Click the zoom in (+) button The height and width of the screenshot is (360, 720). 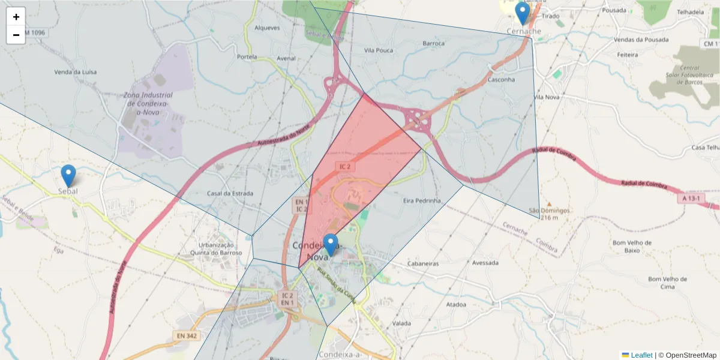[x=16, y=17]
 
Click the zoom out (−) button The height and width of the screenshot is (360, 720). [x=16, y=35]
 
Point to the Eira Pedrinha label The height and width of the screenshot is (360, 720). [x=422, y=200]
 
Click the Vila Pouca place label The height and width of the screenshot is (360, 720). [x=379, y=50]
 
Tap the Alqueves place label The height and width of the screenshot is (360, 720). [x=267, y=28]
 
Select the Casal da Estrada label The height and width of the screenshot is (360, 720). [x=230, y=193]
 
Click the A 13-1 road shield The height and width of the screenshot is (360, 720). [x=692, y=198]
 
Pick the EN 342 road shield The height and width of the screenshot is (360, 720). [x=187, y=336]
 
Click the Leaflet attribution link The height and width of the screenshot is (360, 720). [x=641, y=355]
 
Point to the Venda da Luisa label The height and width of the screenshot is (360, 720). [x=75, y=72]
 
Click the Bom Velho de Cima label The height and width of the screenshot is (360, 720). [x=667, y=283]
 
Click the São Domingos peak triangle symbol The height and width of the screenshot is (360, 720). [x=548, y=204]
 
